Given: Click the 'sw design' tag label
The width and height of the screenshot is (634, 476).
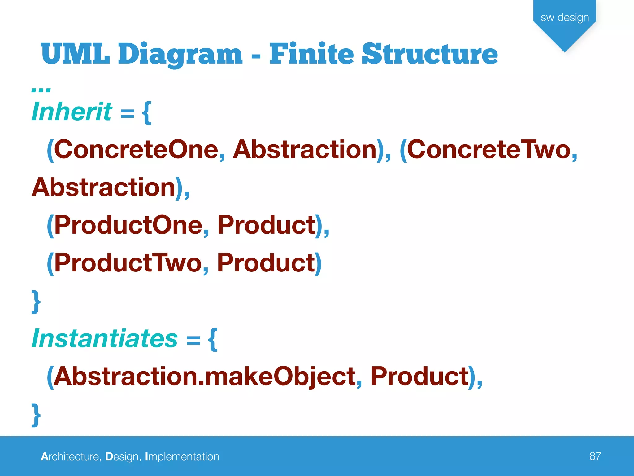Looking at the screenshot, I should [x=565, y=18].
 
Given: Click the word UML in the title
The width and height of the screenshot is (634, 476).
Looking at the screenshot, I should [x=75, y=54].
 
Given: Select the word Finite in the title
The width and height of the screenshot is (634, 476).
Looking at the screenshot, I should [x=311, y=54].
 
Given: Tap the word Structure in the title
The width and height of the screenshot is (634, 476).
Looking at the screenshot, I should [x=430, y=54].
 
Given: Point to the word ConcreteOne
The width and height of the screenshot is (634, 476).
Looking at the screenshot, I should [x=136, y=150].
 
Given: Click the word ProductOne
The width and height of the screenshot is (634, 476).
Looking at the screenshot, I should [x=128, y=225].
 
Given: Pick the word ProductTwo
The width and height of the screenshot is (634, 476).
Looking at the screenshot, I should [x=128, y=263].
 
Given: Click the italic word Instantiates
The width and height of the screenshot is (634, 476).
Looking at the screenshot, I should [x=105, y=339].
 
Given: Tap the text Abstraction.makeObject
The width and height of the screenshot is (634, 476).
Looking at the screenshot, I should [x=204, y=377].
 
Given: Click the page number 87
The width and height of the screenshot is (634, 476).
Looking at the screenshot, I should [x=595, y=456].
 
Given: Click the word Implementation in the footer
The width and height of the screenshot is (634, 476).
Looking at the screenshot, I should [x=182, y=456].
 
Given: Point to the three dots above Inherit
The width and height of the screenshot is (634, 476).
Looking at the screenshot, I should [x=41, y=90].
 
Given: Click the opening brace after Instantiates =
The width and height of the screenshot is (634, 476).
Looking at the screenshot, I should [x=213, y=340].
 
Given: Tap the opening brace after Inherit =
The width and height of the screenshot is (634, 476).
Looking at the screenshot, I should [x=147, y=113].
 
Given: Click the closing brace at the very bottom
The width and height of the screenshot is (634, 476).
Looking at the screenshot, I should [x=36, y=415].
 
